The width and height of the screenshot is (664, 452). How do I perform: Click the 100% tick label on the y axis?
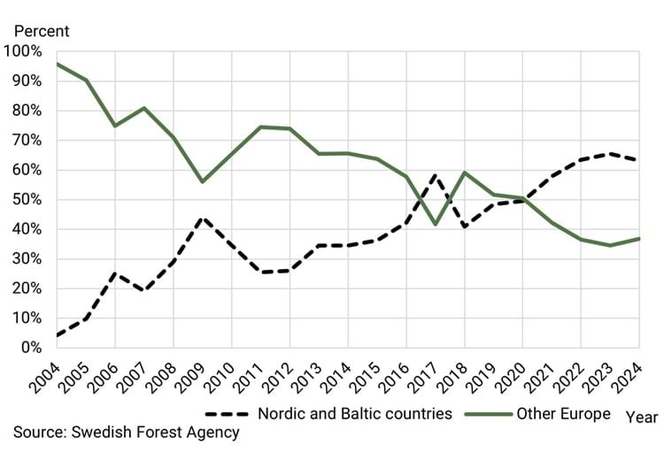[x=22, y=51]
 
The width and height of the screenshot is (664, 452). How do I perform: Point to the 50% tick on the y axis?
[x=26, y=199]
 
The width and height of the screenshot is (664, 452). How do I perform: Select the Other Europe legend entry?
[x=563, y=413]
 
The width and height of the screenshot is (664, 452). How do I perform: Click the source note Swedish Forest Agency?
[x=126, y=432]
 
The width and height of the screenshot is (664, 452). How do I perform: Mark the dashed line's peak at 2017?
[x=435, y=174]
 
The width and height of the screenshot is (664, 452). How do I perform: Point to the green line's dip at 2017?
[x=435, y=224]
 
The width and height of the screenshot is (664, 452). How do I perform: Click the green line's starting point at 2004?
[x=57, y=64]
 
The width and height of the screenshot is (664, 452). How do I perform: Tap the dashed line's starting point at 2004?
[x=57, y=335]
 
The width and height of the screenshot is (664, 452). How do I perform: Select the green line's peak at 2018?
[x=464, y=172]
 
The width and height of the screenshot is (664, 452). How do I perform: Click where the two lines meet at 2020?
[x=522, y=199]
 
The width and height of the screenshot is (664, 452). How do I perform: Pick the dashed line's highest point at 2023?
[x=609, y=154]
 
